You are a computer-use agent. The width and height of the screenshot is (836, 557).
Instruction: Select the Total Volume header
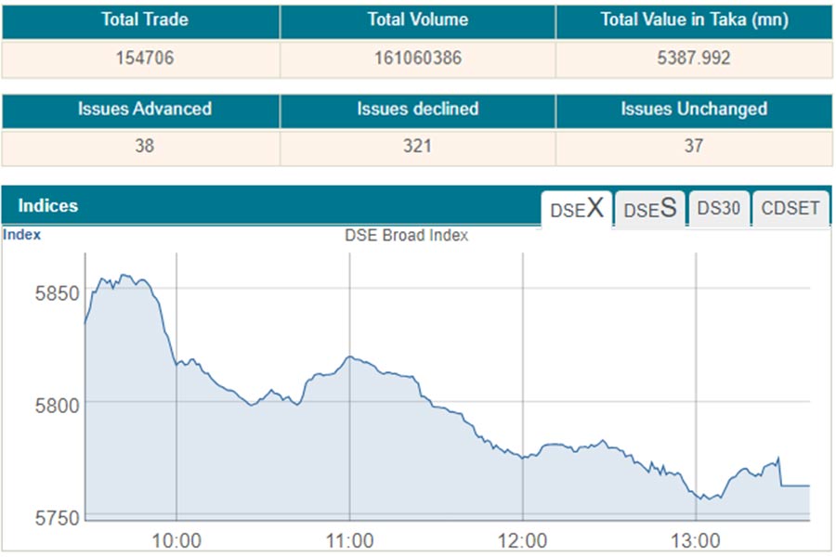click(417, 19)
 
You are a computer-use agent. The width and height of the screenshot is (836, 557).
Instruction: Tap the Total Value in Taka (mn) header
click(694, 20)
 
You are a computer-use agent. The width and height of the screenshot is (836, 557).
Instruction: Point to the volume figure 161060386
click(417, 58)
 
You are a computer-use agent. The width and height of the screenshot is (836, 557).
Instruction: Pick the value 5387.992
click(694, 58)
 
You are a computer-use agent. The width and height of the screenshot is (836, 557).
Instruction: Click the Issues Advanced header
click(144, 109)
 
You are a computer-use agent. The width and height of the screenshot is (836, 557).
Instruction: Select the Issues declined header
click(417, 109)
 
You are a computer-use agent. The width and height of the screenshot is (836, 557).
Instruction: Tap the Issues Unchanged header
click(694, 109)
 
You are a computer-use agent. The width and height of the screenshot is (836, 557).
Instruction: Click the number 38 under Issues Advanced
click(144, 146)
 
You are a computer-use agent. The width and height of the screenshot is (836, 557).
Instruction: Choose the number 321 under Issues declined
click(417, 146)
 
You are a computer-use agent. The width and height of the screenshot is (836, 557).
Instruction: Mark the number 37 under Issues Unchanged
click(694, 146)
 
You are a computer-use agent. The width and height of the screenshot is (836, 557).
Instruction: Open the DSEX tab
click(576, 209)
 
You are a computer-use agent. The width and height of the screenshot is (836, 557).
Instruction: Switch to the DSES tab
click(649, 209)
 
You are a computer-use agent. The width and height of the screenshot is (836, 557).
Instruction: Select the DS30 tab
click(718, 209)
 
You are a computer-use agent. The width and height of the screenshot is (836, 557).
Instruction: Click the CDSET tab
click(790, 209)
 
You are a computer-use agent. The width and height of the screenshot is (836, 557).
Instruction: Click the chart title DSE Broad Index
click(406, 236)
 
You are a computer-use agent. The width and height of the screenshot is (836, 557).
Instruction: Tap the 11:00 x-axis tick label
click(349, 540)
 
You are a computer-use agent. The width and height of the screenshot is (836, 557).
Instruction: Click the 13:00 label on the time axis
click(696, 540)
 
